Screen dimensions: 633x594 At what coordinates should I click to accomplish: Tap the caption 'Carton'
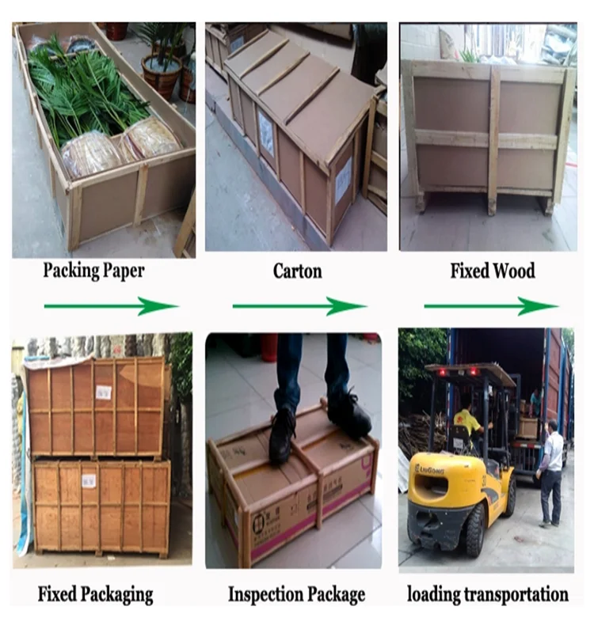(297, 271)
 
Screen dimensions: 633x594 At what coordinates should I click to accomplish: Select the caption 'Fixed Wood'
(493, 271)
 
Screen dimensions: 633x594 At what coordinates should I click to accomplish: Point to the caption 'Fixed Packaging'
(95, 593)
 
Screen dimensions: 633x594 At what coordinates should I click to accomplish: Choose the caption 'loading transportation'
(487, 593)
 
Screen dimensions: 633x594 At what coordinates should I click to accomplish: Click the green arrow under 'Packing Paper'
(111, 305)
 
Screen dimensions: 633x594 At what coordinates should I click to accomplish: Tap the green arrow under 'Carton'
(299, 305)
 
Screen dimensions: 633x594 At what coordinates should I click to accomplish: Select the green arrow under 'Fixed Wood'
(491, 305)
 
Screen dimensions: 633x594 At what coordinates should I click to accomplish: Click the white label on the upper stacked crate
(103, 392)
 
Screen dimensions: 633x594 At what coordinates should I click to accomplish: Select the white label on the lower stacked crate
(89, 479)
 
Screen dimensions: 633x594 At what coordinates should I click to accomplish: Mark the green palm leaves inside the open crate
(87, 91)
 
